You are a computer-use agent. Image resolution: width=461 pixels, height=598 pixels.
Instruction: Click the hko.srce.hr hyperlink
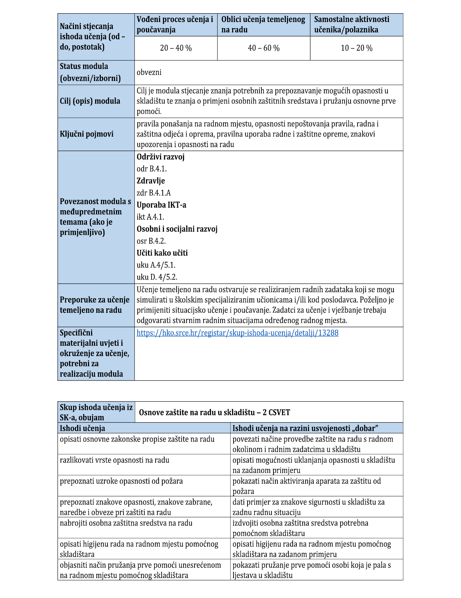[237, 333]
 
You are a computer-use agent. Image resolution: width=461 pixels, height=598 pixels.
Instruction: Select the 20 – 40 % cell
[176, 48]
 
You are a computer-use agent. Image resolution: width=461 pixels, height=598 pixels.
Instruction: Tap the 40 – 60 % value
[263, 48]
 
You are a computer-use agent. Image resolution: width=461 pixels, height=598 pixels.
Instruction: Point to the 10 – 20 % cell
[356, 48]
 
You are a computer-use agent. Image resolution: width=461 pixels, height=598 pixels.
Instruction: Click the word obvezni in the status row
[149, 72]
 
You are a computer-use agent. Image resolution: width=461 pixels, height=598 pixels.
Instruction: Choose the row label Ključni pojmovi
[87, 134]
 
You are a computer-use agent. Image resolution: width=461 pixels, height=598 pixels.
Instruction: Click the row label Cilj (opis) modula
[90, 101]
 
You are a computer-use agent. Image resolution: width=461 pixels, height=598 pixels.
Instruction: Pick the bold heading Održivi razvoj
[160, 157]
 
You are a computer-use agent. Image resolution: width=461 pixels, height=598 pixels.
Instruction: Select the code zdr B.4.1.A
[153, 193]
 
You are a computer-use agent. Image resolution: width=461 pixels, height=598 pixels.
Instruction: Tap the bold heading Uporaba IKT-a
[161, 205]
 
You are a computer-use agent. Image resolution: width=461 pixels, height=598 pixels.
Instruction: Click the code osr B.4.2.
[151, 241]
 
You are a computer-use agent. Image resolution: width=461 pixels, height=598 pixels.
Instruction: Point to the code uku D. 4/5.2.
[157, 277]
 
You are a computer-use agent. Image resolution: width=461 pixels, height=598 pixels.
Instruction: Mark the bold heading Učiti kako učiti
[162, 253]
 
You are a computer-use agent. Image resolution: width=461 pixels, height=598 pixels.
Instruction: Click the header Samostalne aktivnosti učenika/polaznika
[352, 24]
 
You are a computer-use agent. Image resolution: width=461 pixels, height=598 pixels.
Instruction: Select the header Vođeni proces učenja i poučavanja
[175, 24]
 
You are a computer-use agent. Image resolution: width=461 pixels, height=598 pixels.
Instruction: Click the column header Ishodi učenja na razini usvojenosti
[305, 428]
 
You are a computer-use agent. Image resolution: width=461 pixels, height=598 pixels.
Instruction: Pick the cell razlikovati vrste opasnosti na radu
[115, 460]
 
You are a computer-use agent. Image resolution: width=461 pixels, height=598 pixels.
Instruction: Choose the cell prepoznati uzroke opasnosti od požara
[121, 481]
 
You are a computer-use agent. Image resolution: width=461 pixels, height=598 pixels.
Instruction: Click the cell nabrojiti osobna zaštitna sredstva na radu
[126, 523]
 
